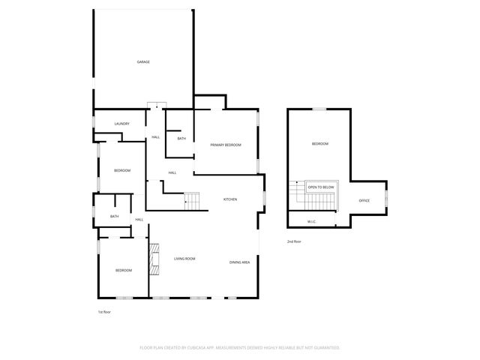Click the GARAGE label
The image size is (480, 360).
click(x=142, y=61)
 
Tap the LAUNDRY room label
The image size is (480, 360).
click(x=122, y=124)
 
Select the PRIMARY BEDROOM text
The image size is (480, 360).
click(x=226, y=145)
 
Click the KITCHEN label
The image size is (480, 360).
click(x=230, y=199)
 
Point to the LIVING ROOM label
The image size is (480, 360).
click(x=184, y=259)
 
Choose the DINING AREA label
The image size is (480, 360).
click(x=240, y=262)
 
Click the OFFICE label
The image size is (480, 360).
click(x=364, y=201)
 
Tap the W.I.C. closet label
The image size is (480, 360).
click(x=313, y=221)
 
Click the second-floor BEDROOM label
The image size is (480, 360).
click(x=320, y=143)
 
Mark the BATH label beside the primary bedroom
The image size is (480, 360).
click(x=181, y=139)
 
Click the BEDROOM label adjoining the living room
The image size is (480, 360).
click(x=124, y=270)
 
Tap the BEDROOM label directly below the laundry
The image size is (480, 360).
click(x=122, y=170)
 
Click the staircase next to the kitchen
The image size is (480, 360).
click(x=193, y=201)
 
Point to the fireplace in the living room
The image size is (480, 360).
click(x=154, y=256)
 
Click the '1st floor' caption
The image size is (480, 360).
click(x=105, y=311)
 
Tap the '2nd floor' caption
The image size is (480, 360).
click(x=294, y=241)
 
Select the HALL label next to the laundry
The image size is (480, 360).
click(x=156, y=137)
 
